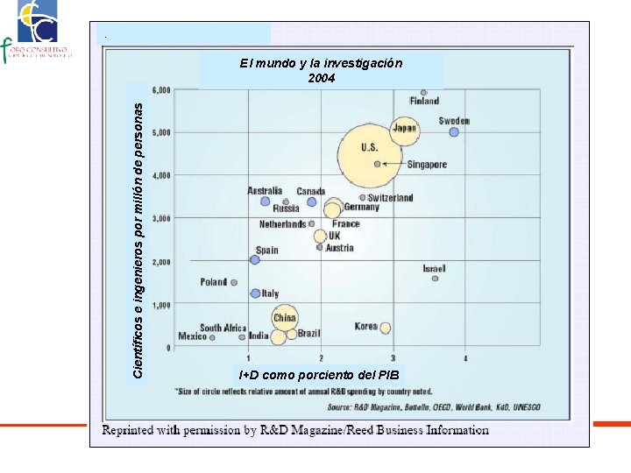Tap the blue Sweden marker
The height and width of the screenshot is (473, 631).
click(x=454, y=132)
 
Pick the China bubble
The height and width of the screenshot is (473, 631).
click(x=285, y=317)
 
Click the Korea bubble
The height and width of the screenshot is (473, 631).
click(x=386, y=328)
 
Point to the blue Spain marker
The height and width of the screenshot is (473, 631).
click(x=255, y=260)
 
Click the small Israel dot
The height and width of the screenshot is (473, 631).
click(x=435, y=279)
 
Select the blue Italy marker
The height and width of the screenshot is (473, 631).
click(x=255, y=293)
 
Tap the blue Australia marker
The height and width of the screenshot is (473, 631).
click(x=266, y=201)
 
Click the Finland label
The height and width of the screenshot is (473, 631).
click(x=425, y=102)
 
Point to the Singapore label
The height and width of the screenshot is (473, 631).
click(x=427, y=165)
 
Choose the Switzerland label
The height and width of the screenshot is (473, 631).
click(x=391, y=198)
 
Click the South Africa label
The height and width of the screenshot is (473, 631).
click(x=223, y=328)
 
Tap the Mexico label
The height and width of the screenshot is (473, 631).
click(x=193, y=336)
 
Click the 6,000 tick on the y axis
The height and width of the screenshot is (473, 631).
click(x=161, y=90)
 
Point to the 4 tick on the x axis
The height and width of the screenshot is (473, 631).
click(x=466, y=358)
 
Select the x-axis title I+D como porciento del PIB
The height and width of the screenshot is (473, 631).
click(x=319, y=375)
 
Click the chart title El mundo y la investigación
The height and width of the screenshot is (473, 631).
click(x=321, y=64)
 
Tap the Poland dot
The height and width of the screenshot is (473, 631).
click(x=234, y=282)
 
